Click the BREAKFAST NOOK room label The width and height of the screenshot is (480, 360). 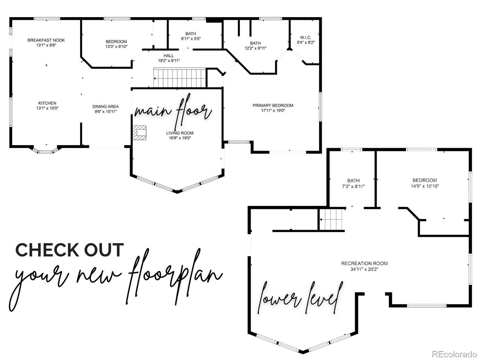(x=46, y=40)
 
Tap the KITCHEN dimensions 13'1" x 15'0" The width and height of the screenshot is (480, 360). (x=47, y=108)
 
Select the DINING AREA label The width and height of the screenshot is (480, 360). (x=105, y=106)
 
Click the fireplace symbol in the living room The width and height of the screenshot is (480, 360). (x=139, y=132)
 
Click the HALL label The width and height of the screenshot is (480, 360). (x=169, y=56)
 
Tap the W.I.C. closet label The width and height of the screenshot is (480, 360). (x=305, y=37)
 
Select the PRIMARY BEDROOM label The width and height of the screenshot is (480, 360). (x=273, y=106)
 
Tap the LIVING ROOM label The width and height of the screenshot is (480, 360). (x=180, y=133)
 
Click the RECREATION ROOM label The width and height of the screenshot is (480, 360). (x=364, y=264)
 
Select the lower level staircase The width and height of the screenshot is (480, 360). (x=331, y=219)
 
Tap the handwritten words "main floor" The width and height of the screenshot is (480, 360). (x=173, y=111)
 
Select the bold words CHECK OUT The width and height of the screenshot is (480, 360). (x=70, y=250)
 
